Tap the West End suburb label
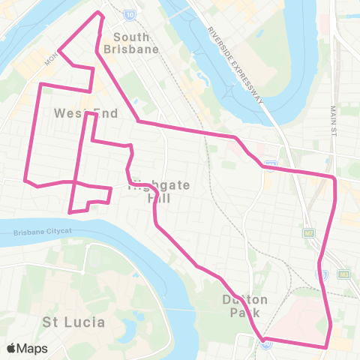(x=76, y=112)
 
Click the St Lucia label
(x=73, y=322)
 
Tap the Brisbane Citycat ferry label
(x=44, y=233)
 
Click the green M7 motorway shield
(x=309, y=233)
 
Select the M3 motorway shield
(x=343, y=274)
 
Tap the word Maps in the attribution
(x=32, y=348)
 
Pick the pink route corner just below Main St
(x=334, y=178)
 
